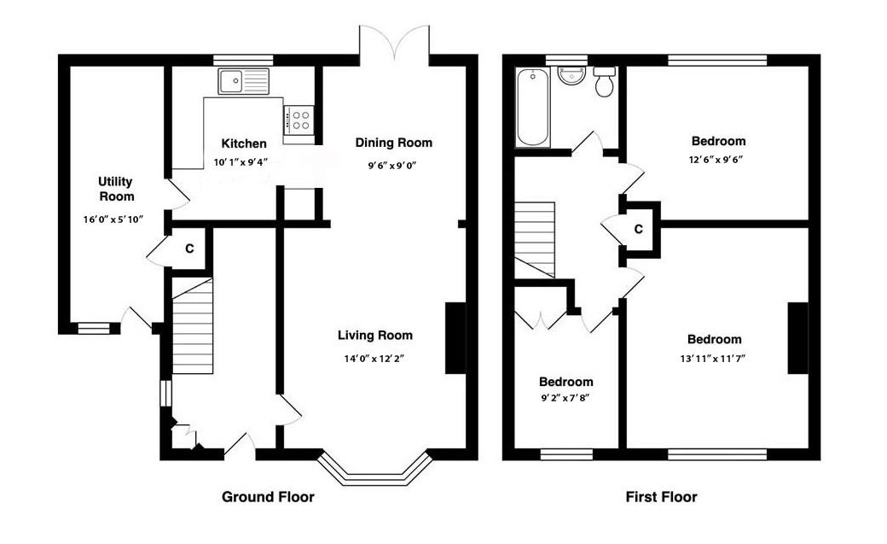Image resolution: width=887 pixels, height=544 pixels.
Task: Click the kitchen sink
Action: [244, 81]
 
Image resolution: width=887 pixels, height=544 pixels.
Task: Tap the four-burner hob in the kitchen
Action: [299, 120]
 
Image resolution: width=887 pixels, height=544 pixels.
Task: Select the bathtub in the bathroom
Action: [533, 107]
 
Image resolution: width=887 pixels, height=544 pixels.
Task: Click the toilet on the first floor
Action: [605, 81]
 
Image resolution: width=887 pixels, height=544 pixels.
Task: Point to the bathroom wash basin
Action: [571, 76]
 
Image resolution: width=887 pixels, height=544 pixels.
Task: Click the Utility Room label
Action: [117, 189]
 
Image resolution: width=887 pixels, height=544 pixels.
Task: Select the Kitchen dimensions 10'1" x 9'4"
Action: [241, 162]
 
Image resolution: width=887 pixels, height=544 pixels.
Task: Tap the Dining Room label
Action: [394, 143]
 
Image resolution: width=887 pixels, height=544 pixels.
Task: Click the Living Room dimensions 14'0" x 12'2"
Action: [374, 358]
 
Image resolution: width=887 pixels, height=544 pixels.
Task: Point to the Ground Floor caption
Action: [268, 497]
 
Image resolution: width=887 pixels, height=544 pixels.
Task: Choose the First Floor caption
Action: [661, 497]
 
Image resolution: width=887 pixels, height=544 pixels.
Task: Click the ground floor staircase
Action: [193, 326]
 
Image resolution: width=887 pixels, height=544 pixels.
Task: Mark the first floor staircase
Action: [534, 239]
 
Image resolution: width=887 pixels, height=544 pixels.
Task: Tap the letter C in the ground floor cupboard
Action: [189, 249]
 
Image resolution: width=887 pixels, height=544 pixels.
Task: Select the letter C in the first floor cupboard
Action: [638, 229]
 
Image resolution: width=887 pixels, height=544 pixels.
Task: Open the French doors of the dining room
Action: [394, 41]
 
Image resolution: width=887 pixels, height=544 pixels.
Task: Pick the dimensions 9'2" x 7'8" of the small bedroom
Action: [565, 398]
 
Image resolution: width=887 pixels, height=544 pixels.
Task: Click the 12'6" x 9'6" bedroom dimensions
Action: [716, 159]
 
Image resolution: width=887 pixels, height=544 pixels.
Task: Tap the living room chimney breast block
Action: [456, 338]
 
